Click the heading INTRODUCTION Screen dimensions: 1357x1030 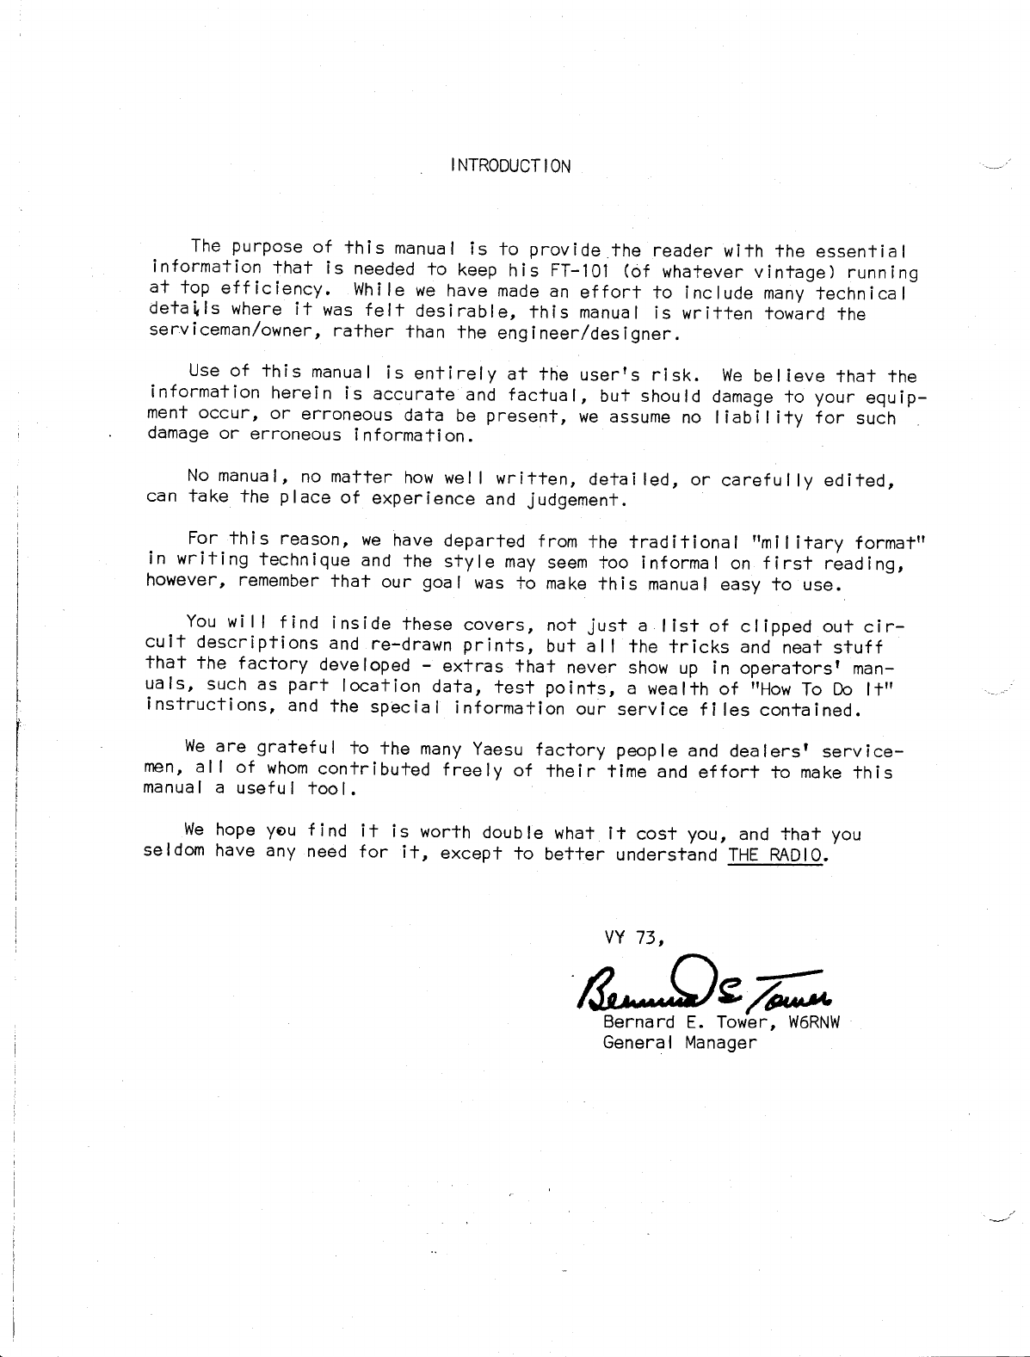509,166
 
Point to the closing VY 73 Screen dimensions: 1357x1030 632,938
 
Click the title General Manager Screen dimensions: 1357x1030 679,1044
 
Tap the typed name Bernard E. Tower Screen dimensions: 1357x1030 691,1023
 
